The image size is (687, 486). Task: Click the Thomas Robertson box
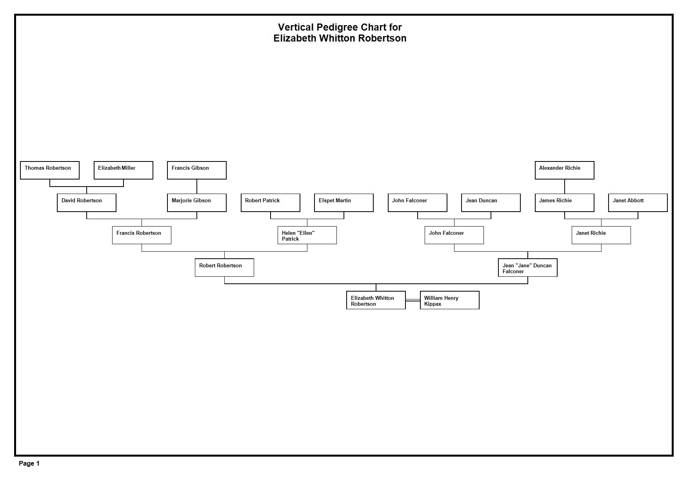click(50, 170)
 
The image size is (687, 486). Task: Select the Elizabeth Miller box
click(124, 170)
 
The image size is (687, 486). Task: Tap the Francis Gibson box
click(197, 170)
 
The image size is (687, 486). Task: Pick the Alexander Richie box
click(565, 170)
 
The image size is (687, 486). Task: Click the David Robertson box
click(87, 203)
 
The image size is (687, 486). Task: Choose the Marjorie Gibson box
click(197, 203)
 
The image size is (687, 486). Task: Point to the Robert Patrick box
click(271, 203)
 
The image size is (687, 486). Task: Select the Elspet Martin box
click(344, 203)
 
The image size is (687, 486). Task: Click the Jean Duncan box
click(491, 203)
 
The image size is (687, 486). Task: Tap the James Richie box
click(565, 203)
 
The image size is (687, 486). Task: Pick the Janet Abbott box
click(638, 203)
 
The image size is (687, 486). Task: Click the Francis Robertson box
click(142, 235)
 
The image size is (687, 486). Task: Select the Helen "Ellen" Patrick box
click(307, 235)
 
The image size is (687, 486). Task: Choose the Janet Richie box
click(601, 235)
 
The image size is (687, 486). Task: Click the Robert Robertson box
click(224, 267)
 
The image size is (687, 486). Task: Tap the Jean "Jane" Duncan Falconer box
click(528, 267)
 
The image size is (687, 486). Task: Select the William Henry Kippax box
click(450, 300)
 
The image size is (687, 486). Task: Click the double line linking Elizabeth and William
click(413, 300)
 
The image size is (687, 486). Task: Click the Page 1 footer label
click(29, 463)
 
